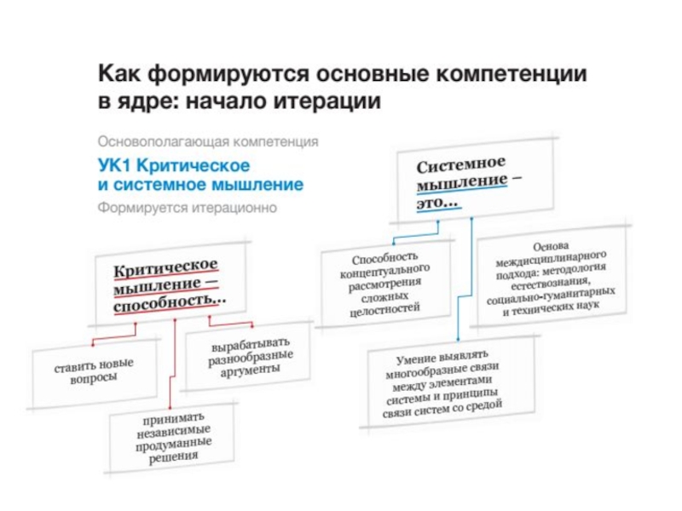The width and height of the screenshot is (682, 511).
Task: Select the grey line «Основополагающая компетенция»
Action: click(x=208, y=141)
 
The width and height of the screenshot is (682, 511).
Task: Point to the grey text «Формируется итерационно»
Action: click(x=187, y=207)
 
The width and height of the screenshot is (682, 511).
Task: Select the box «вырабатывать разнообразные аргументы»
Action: click(x=251, y=358)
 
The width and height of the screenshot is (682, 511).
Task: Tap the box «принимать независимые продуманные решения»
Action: click(x=172, y=437)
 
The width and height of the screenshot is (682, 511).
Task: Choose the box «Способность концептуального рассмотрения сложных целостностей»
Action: click(x=385, y=284)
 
